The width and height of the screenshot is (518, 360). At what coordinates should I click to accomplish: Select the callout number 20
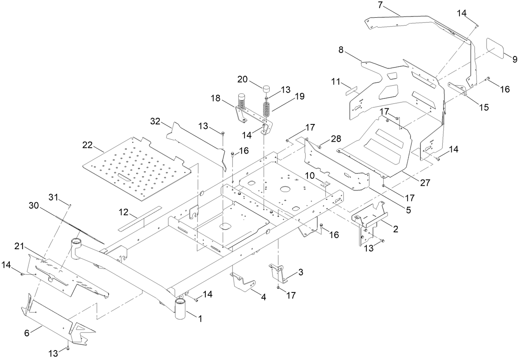pyautogui.click(x=243, y=79)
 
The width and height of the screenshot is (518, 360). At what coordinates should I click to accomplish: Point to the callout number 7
pyautogui.click(x=380, y=5)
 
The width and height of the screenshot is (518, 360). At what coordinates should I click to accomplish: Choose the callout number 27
pyautogui.click(x=425, y=183)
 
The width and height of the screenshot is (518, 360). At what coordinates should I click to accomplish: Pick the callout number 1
pyautogui.click(x=200, y=318)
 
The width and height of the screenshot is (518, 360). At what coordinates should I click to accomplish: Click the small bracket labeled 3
pyautogui.click(x=279, y=272)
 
